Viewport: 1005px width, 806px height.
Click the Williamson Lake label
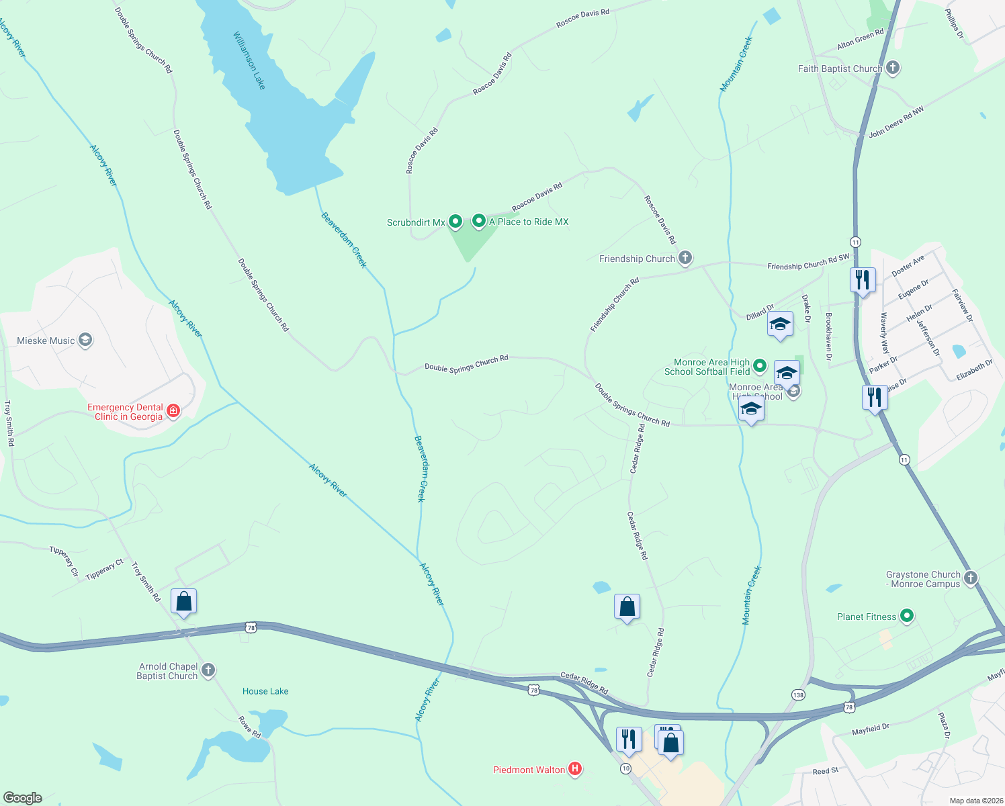pos(249,60)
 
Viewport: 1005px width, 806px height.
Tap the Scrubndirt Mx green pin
pos(455,221)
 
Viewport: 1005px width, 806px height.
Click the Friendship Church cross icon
pos(685,258)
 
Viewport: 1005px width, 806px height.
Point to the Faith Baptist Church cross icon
pos(893,68)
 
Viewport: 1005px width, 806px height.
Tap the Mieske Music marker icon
pos(85,341)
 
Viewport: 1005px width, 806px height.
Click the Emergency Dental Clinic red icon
pos(173,411)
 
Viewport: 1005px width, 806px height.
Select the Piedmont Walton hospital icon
pos(575,769)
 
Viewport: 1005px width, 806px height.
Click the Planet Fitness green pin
pos(906,616)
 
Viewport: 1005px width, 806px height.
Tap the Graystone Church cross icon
pos(970,578)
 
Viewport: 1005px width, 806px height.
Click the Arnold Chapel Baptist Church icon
pos(208,670)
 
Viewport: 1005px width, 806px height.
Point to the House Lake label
pos(265,691)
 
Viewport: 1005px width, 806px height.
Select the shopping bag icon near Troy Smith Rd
pos(183,601)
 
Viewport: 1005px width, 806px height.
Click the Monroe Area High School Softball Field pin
pos(760,366)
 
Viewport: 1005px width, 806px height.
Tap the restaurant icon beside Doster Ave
pos(863,279)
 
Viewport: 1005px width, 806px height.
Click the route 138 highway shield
pos(798,695)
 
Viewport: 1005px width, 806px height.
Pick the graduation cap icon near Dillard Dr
pos(780,324)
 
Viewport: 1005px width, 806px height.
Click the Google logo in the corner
pos(23,797)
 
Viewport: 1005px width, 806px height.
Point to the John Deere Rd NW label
pos(896,122)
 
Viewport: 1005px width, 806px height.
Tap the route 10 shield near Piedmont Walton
pos(626,768)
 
